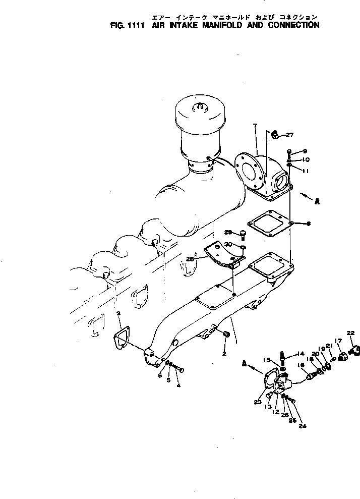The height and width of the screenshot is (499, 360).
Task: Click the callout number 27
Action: [x=289, y=135]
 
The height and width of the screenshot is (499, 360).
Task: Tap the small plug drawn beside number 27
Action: [x=275, y=134]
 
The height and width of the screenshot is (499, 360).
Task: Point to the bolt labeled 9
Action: [x=289, y=151]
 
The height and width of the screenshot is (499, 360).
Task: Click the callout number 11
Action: [x=306, y=171]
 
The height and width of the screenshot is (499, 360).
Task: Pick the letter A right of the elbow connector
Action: [x=317, y=201]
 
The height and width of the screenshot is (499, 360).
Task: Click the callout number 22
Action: [x=350, y=332]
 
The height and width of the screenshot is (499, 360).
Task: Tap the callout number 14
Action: [x=302, y=354]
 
